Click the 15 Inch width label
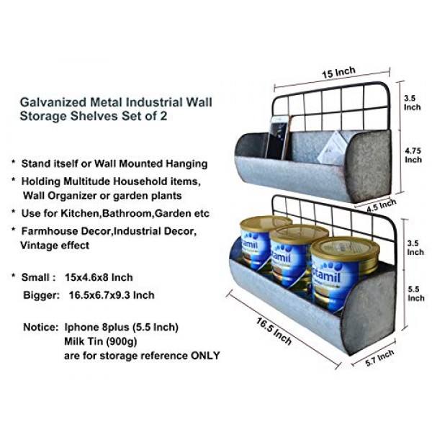point(338,72)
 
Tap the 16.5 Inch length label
point(274,331)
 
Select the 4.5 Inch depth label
point(382,206)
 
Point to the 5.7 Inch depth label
point(379,358)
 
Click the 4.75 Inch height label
point(413,155)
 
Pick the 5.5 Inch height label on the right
point(415,294)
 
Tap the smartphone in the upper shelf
point(278,137)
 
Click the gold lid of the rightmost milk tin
point(345,250)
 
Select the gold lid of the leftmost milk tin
point(266,223)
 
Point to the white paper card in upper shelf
point(333,148)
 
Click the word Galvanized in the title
point(53,102)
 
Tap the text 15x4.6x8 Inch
point(99,277)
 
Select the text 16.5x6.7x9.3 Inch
point(112,295)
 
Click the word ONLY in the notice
point(205,356)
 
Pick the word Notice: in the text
point(41,328)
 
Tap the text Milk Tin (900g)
point(101,341)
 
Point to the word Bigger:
point(42,295)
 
